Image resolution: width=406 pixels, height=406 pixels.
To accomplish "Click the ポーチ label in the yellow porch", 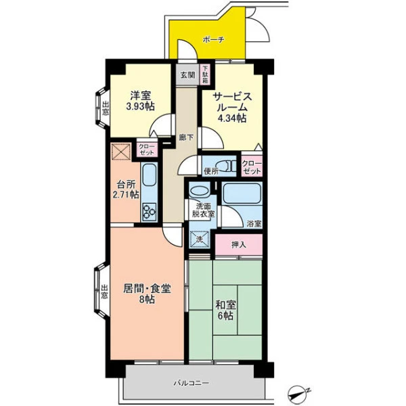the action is [213, 40].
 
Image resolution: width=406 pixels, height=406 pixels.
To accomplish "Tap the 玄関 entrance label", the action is [187, 75].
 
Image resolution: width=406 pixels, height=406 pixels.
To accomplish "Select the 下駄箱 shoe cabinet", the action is [205, 74].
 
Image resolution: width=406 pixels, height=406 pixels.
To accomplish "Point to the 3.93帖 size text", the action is [140, 106].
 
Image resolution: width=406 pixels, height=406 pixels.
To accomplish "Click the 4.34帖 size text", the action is [231, 118].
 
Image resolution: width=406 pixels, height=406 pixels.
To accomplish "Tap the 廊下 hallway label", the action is [186, 137].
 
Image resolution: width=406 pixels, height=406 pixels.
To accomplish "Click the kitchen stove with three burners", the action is [150, 212].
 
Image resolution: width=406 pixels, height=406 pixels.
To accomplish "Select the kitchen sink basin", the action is [150, 175].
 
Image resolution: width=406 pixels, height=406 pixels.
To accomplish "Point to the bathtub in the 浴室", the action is [242, 194].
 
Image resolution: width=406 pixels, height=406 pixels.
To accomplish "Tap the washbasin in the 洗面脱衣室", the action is [199, 191].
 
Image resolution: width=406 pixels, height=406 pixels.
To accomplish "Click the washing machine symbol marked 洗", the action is [199, 240].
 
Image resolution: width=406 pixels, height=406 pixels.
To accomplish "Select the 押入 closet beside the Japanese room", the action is [239, 245].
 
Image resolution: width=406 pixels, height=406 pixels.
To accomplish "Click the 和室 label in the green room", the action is [225, 305].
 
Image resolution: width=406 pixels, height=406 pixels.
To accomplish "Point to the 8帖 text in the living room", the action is [147, 299].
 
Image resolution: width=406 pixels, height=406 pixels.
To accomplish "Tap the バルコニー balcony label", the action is [191, 383].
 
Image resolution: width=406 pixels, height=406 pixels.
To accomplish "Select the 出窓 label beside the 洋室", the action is [106, 108].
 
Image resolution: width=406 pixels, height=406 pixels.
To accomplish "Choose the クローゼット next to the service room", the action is [252, 167].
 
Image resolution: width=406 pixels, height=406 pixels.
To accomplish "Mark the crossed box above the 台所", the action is [121, 152].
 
